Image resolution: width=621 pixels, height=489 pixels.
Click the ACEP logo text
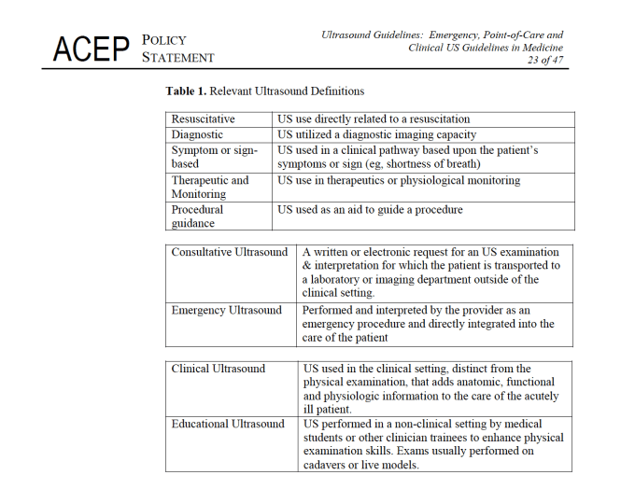point(90,49)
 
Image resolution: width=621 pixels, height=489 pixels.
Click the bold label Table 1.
point(186,91)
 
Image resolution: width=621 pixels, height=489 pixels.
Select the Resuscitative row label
point(203,119)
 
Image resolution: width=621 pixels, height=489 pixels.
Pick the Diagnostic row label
point(197,134)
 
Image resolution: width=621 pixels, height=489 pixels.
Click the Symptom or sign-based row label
point(214,157)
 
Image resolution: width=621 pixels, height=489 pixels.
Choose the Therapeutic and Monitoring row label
point(210,187)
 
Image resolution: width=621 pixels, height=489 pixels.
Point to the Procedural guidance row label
point(199,217)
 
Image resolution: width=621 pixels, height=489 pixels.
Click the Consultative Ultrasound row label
point(230,252)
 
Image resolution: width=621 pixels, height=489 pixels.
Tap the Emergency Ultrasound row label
point(226,311)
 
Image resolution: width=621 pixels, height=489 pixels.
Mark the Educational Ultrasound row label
point(228,425)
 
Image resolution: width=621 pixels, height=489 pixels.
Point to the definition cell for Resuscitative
point(374,119)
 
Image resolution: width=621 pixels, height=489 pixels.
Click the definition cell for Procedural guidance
point(370,210)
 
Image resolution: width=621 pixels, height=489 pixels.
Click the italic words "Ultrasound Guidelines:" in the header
point(372,35)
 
